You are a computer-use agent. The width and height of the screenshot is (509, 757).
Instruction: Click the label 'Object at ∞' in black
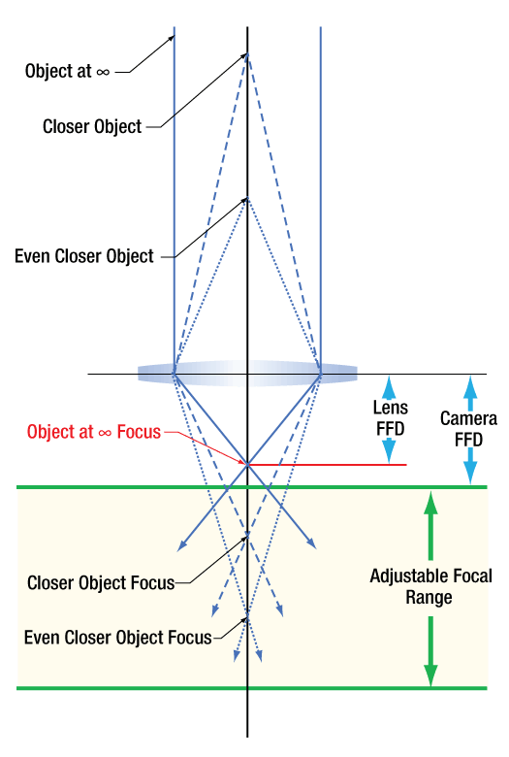pyautogui.click(x=67, y=71)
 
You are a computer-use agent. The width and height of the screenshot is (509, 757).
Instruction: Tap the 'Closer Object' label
pyautogui.click(x=92, y=126)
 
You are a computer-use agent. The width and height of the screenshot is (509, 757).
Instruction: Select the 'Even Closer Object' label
pyautogui.click(x=84, y=256)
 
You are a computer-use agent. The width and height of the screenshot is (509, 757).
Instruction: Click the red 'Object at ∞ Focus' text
pyautogui.click(x=94, y=432)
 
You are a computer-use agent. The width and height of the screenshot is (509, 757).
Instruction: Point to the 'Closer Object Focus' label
pyautogui.click(x=101, y=582)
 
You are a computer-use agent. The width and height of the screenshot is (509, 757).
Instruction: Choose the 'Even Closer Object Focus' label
pyautogui.click(x=118, y=638)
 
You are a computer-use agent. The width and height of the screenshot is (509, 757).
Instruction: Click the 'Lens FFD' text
pyautogui.click(x=391, y=418)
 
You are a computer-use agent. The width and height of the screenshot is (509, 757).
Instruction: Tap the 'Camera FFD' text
pyautogui.click(x=468, y=429)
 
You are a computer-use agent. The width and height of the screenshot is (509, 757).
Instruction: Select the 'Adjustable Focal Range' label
pyautogui.click(x=430, y=586)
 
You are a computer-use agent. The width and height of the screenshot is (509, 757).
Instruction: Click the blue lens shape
pyautogui.click(x=247, y=374)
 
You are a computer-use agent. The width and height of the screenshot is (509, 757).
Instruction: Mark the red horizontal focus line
pyautogui.click(x=327, y=465)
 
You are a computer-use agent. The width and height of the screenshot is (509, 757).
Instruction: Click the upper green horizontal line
pyautogui.click(x=252, y=487)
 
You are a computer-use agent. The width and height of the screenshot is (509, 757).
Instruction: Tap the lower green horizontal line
pyautogui.click(x=252, y=688)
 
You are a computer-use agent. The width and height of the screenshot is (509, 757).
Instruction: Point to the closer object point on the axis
pyautogui.click(x=247, y=54)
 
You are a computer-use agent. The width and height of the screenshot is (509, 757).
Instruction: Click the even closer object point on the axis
pyautogui.click(x=247, y=198)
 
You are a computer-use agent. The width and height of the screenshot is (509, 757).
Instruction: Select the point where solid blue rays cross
pyautogui.click(x=247, y=465)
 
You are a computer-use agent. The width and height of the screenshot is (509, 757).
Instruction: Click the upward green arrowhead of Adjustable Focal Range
pyautogui.click(x=430, y=502)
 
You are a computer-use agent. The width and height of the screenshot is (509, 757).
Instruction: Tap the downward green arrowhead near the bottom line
pyautogui.click(x=430, y=675)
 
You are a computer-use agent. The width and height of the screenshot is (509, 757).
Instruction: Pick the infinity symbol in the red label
pyautogui.click(x=105, y=433)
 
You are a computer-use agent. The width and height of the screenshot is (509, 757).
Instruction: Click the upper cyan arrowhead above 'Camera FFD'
pyautogui.click(x=470, y=386)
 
